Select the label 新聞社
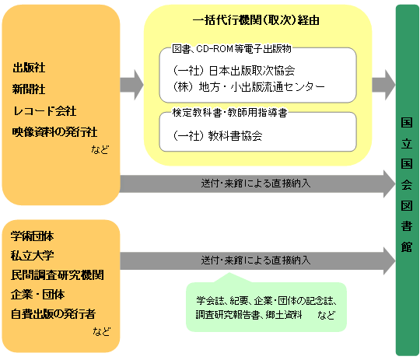(x=28, y=88)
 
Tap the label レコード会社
(x=44, y=110)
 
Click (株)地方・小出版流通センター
(x=249, y=86)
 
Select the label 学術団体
(x=33, y=235)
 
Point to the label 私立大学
(x=33, y=255)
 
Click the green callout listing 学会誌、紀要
(x=265, y=306)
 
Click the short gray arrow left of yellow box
(x=132, y=82)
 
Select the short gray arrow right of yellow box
(x=383, y=82)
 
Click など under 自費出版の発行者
(x=101, y=332)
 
